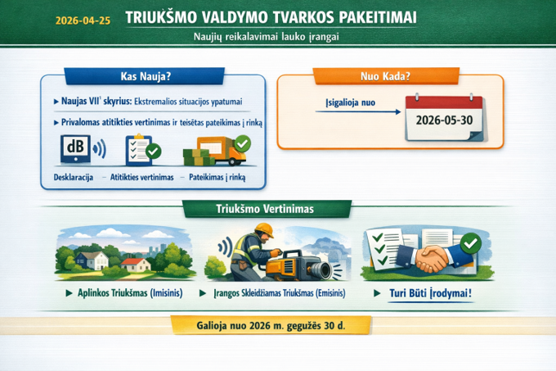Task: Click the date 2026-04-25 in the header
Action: click(x=83, y=20)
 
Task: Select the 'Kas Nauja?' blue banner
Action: click(x=145, y=76)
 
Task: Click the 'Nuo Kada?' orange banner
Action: click(x=386, y=76)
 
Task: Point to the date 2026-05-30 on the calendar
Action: click(x=444, y=120)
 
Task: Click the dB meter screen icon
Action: click(x=75, y=149)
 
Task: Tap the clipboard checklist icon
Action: click(x=142, y=150)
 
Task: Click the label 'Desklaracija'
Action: click(x=74, y=177)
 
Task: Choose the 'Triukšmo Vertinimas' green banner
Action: click(x=266, y=209)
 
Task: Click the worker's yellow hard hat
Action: click(x=265, y=230)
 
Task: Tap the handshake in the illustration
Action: click(x=432, y=259)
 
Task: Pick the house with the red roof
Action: click(x=136, y=265)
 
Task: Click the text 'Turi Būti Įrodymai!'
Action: click(x=430, y=293)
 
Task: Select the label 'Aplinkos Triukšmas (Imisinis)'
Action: click(x=130, y=293)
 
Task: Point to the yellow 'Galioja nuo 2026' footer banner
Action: click(x=271, y=325)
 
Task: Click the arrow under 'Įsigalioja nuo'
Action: click(x=358, y=112)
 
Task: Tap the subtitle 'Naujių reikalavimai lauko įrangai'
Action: click(x=267, y=37)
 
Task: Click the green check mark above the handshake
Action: click(x=470, y=243)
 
